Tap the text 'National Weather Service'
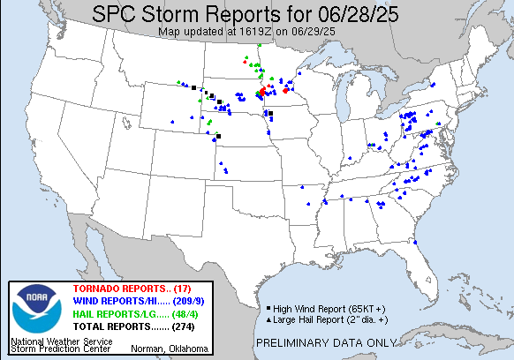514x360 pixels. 61,341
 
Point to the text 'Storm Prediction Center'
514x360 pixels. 59,350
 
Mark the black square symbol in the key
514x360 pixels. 267,308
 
